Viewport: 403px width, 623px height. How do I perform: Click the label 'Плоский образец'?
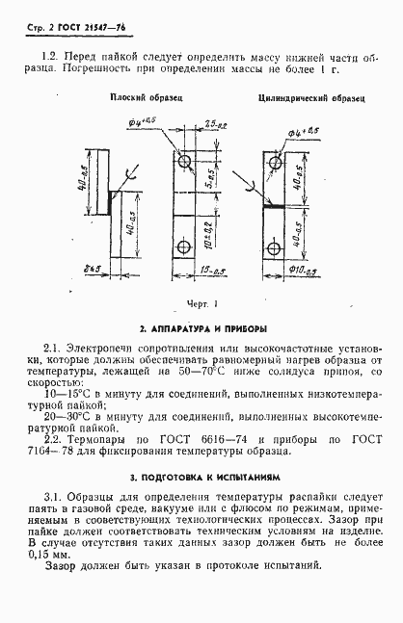145,98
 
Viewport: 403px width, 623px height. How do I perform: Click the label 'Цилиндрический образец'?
299,98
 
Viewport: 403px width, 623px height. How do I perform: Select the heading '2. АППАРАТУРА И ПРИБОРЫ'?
201,327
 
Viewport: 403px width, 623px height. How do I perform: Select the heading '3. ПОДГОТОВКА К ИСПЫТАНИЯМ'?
201,477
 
